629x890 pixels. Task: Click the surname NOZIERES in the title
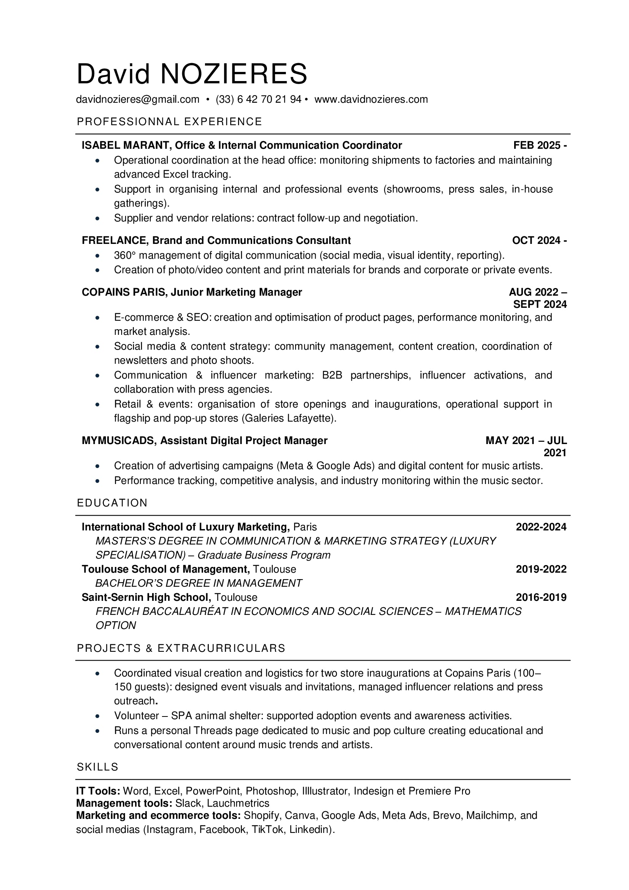point(233,74)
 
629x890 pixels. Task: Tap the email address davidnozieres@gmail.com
point(138,99)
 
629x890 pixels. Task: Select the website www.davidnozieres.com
point(371,99)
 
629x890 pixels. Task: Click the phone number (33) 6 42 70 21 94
point(258,99)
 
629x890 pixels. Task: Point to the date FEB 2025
point(537,145)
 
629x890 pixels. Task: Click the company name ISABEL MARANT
point(125,145)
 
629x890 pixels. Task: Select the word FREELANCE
point(114,240)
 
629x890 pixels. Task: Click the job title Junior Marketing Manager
point(236,292)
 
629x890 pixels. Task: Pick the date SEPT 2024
point(540,304)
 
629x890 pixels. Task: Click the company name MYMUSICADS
point(118,440)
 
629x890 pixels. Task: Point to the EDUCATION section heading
point(112,503)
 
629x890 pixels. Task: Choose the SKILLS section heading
point(98,767)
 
